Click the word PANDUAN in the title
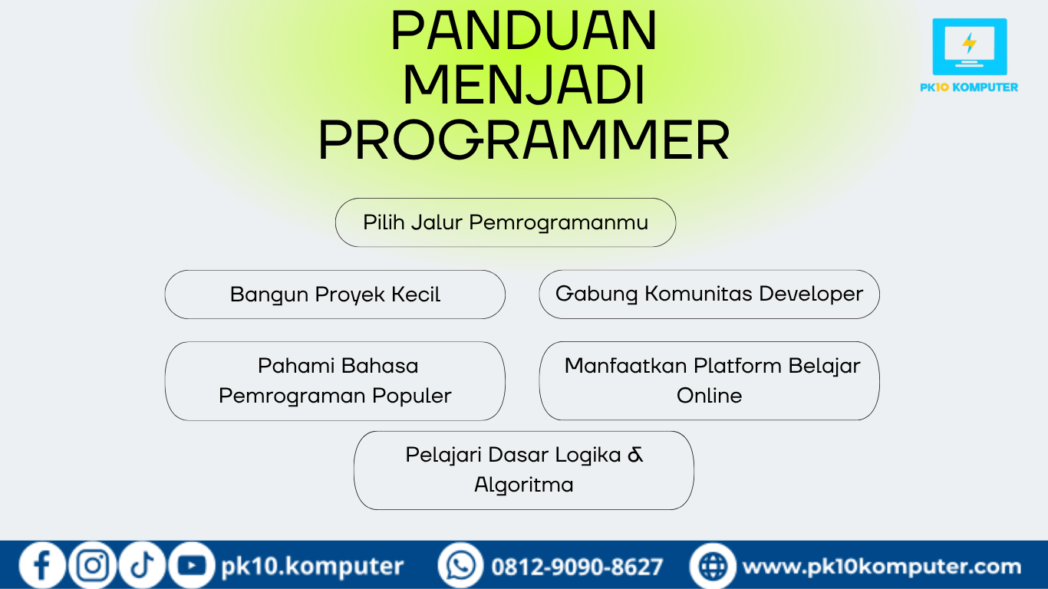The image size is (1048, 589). [x=524, y=30]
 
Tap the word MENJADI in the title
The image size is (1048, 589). [x=524, y=85]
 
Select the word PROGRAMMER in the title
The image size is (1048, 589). [x=524, y=140]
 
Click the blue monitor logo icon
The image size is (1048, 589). [x=970, y=47]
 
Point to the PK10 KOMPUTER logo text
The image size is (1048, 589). [x=969, y=87]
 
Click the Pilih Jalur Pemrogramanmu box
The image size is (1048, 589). [x=506, y=222]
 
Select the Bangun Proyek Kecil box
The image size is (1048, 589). [x=335, y=294]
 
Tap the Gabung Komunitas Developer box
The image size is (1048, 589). [x=709, y=294]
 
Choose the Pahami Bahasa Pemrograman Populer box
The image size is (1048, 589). [x=335, y=381]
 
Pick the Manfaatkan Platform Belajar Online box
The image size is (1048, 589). [x=709, y=381]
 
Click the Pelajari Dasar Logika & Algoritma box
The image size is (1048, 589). [x=524, y=470]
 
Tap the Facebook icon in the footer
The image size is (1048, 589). [x=42, y=565]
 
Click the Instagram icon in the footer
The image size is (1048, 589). [x=93, y=565]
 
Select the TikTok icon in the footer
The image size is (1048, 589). [x=142, y=565]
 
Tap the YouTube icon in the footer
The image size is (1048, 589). [x=191, y=565]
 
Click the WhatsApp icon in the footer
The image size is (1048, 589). [x=460, y=565]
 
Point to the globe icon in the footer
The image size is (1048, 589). [x=713, y=566]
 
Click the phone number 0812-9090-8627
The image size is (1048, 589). [x=577, y=567]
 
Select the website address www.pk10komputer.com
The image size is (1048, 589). [x=882, y=567]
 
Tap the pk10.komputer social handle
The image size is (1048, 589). [x=312, y=566]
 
